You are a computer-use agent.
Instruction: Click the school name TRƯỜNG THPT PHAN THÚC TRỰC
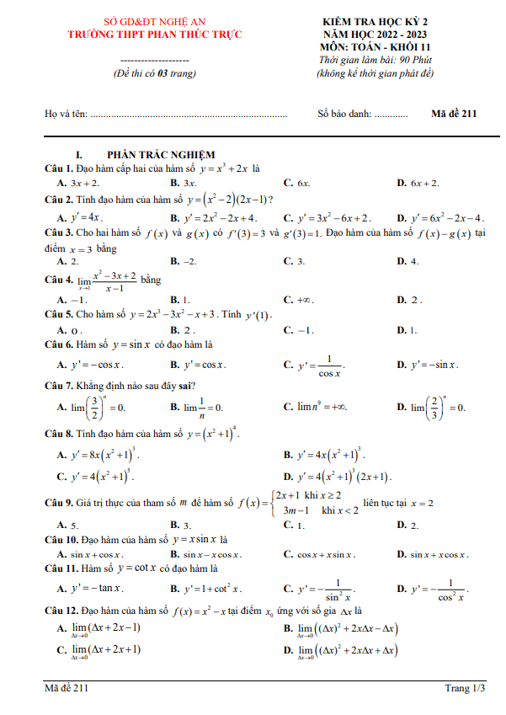[155, 35]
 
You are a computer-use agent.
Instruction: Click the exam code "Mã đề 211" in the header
[454, 115]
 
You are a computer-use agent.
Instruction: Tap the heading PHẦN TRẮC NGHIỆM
[161, 155]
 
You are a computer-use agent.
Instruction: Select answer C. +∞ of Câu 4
[299, 300]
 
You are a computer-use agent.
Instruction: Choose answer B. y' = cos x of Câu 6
[198, 366]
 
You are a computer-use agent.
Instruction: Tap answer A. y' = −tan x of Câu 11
[90, 589]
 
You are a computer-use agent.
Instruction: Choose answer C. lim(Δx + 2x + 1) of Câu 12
[93, 650]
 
